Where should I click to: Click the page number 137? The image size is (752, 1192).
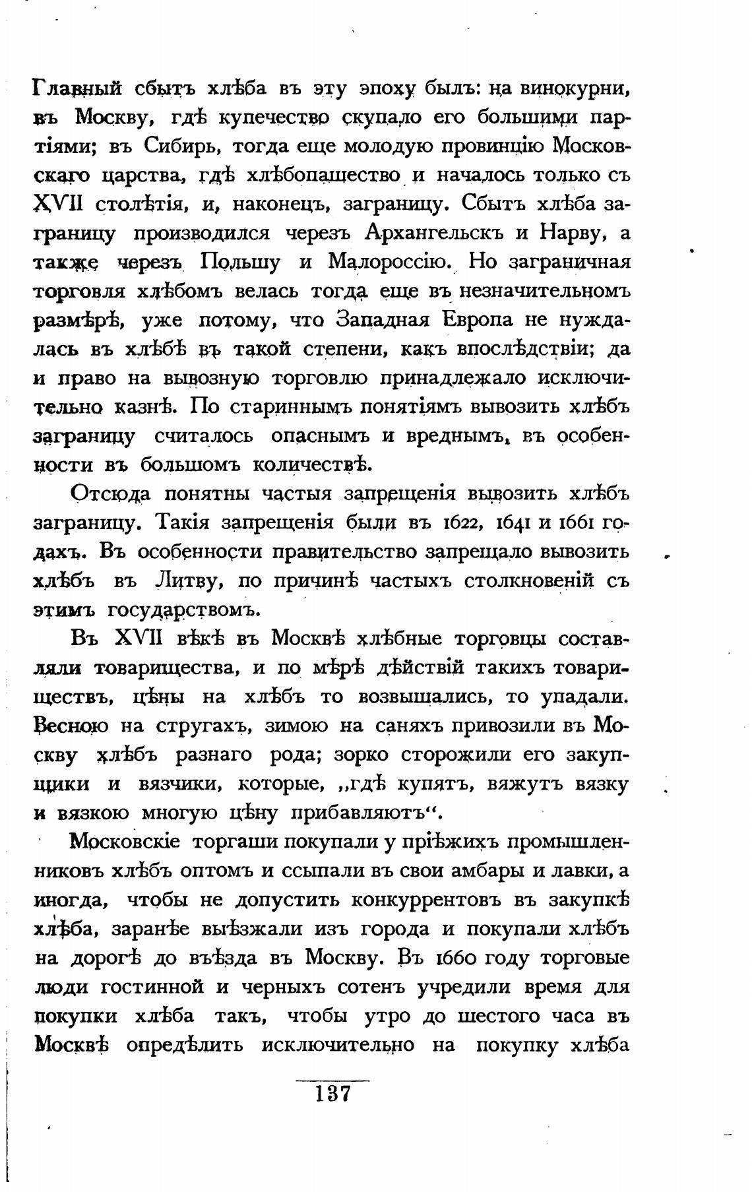point(332,1094)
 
